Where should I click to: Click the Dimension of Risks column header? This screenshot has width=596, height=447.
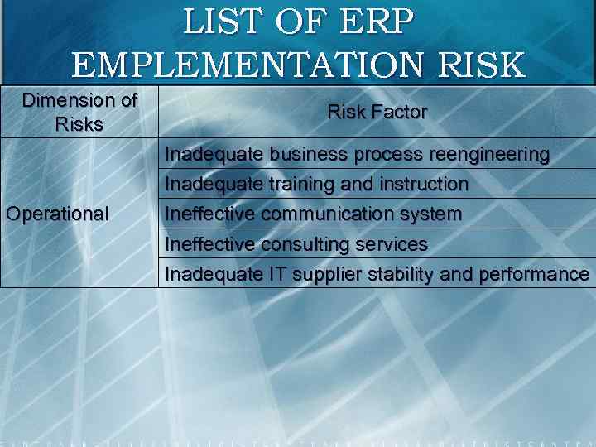point(79,113)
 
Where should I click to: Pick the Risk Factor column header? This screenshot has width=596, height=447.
point(377,112)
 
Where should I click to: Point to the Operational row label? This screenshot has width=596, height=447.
point(57,214)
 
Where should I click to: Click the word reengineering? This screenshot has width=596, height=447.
point(489,155)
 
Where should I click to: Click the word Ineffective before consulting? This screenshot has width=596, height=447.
point(210,244)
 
